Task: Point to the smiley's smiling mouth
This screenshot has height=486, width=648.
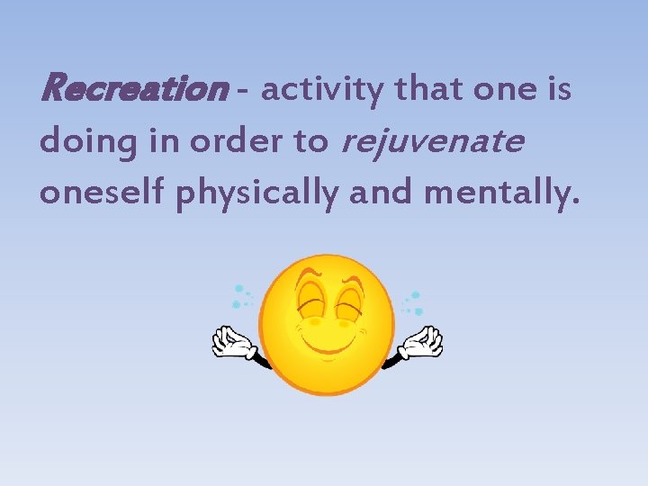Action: pos(329,345)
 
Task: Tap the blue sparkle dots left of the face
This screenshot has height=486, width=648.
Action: pos(241,297)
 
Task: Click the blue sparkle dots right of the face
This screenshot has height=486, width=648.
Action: pos(414,300)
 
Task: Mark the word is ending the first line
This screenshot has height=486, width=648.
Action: pos(559,89)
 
